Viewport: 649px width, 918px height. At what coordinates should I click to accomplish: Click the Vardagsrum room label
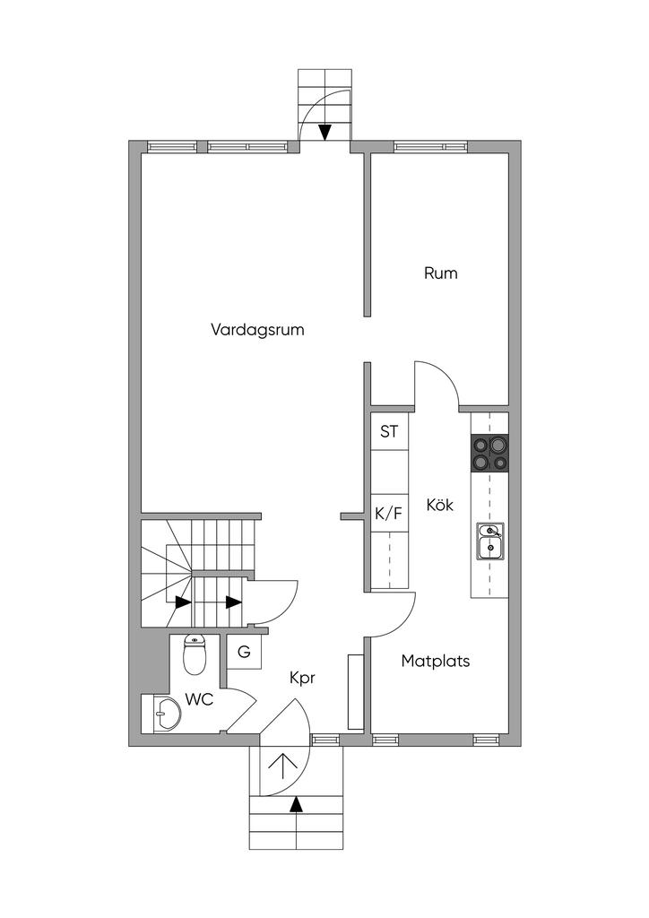(x=257, y=329)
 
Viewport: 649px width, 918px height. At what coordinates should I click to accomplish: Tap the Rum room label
(x=440, y=273)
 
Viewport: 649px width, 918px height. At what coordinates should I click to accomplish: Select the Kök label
(x=439, y=505)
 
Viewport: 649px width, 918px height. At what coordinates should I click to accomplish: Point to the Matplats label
(x=436, y=662)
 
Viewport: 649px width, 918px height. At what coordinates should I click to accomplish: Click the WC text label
(x=199, y=699)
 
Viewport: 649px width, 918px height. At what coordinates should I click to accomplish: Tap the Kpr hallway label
(x=302, y=679)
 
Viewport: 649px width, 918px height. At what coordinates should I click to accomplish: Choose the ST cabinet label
(x=389, y=431)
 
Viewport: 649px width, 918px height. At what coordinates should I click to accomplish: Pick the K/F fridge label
(x=388, y=514)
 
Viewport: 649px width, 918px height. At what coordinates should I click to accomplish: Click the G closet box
(x=244, y=652)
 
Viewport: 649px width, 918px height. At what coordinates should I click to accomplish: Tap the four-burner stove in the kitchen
(x=489, y=453)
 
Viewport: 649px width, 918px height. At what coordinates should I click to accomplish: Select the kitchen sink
(x=489, y=541)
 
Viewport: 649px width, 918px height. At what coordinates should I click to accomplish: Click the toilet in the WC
(x=195, y=654)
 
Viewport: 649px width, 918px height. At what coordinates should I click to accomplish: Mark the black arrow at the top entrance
(x=324, y=132)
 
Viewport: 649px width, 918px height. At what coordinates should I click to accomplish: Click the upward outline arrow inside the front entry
(x=283, y=766)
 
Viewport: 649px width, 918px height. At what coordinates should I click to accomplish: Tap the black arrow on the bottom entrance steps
(x=297, y=804)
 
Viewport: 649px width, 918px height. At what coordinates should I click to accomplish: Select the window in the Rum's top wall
(x=430, y=145)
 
